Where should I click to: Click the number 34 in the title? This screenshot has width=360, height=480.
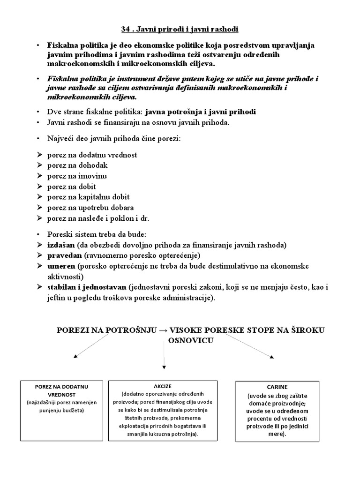pyautogui.click(x=126, y=30)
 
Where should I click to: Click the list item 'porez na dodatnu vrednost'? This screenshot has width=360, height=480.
pyautogui.click(x=92, y=155)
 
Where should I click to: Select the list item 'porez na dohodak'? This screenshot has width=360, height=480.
pyautogui.click(x=77, y=165)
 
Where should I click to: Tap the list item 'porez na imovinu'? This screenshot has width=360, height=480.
pyautogui.click(x=77, y=176)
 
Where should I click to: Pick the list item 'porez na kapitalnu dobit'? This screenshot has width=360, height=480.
pyautogui.click(x=88, y=197)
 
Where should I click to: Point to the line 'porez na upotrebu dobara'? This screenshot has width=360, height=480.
pyautogui.click(x=90, y=208)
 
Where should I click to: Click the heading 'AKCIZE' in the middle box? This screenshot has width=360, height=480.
pyautogui.click(x=163, y=386)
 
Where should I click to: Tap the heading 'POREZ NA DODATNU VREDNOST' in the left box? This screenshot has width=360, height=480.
pyautogui.click(x=55, y=390)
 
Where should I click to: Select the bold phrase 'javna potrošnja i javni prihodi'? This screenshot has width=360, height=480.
pyautogui.click(x=201, y=112)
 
